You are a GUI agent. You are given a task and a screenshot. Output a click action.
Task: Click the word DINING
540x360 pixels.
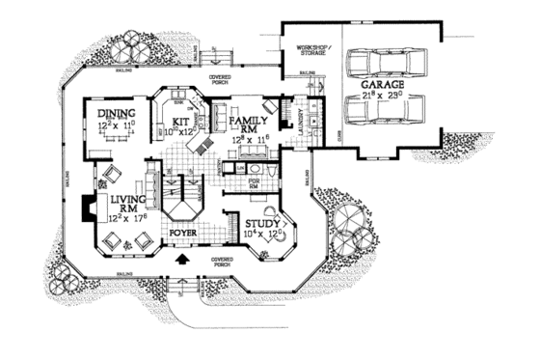point(118,113)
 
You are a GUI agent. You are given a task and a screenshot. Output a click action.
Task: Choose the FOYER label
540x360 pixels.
point(184,233)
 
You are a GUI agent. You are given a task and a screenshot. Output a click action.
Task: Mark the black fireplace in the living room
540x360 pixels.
point(89,208)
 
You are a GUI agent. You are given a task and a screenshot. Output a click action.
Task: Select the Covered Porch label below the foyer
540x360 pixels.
point(223,262)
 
